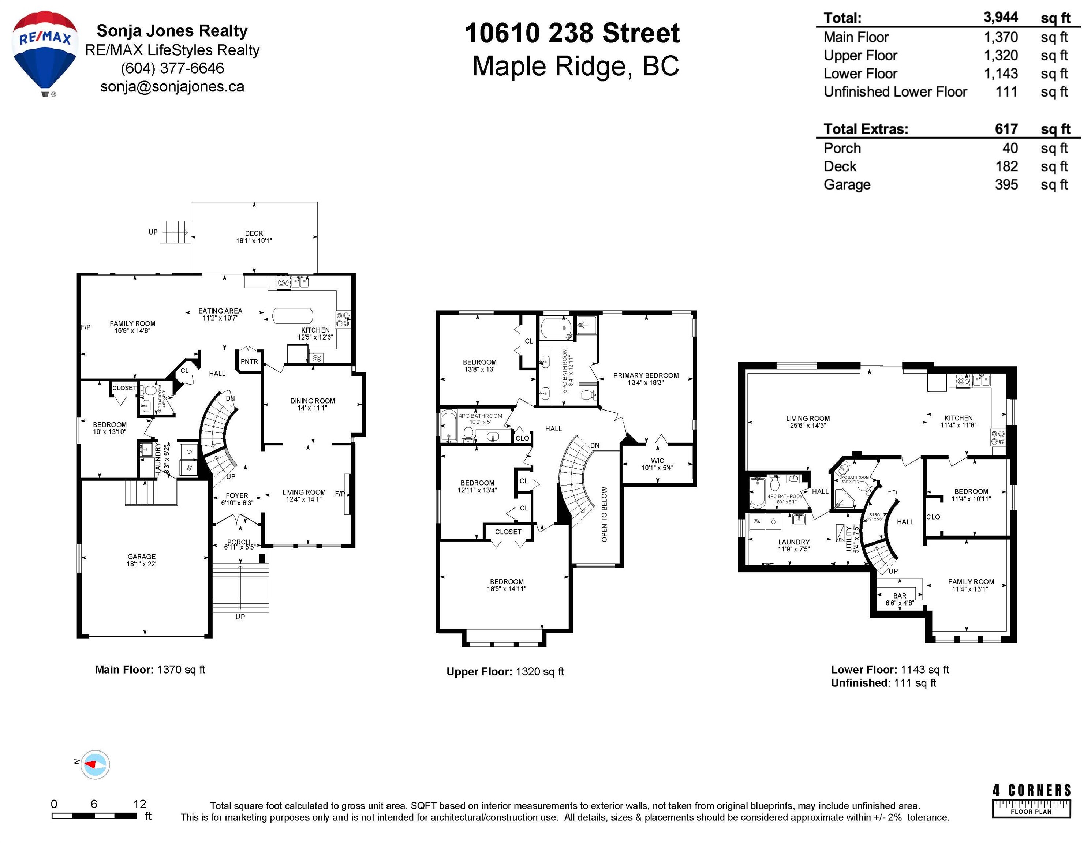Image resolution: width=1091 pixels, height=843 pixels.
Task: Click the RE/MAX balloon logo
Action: (x=45, y=52)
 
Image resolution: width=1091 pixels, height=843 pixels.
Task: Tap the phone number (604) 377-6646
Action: (x=172, y=68)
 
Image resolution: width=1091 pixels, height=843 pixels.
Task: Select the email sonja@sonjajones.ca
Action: (x=172, y=87)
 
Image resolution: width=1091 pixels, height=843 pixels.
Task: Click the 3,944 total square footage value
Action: (x=1001, y=18)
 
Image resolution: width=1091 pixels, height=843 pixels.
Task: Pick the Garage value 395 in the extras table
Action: (x=1006, y=185)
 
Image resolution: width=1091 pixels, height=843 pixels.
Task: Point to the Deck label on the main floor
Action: (x=254, y=233)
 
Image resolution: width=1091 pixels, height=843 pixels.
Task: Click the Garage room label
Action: (x=141, y=557)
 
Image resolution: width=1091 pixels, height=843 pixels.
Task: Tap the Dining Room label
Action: (x=312, y=401)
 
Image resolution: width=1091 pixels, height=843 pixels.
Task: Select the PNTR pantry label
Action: (x=249, y=361)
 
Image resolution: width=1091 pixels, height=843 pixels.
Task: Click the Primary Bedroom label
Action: (x=646, y=375)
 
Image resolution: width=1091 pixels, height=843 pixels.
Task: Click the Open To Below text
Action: (x=605, y=514)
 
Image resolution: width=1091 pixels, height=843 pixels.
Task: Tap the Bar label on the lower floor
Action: (x=900, y=596)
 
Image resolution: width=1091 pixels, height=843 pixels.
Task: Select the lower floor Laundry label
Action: (x=794, y=542)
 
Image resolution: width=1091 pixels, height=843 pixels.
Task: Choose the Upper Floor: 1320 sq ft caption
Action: (x=505, y=672)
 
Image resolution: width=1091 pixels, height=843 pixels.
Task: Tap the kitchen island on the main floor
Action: (x=292, y=316)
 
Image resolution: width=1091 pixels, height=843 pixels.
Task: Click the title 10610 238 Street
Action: (x=572, y=33)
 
